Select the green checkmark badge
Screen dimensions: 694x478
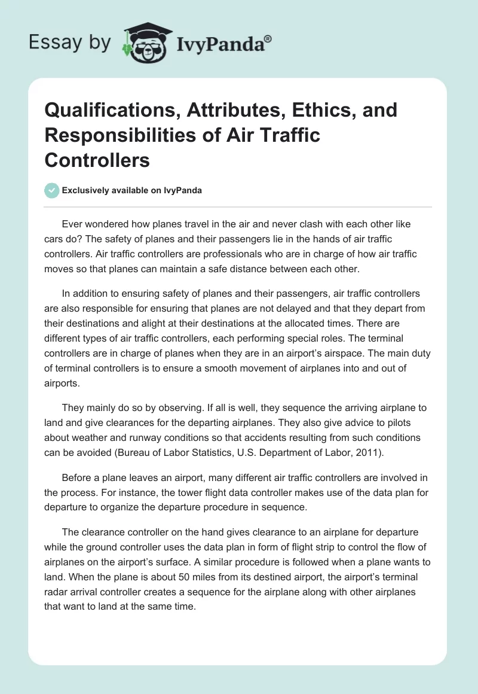51,190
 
